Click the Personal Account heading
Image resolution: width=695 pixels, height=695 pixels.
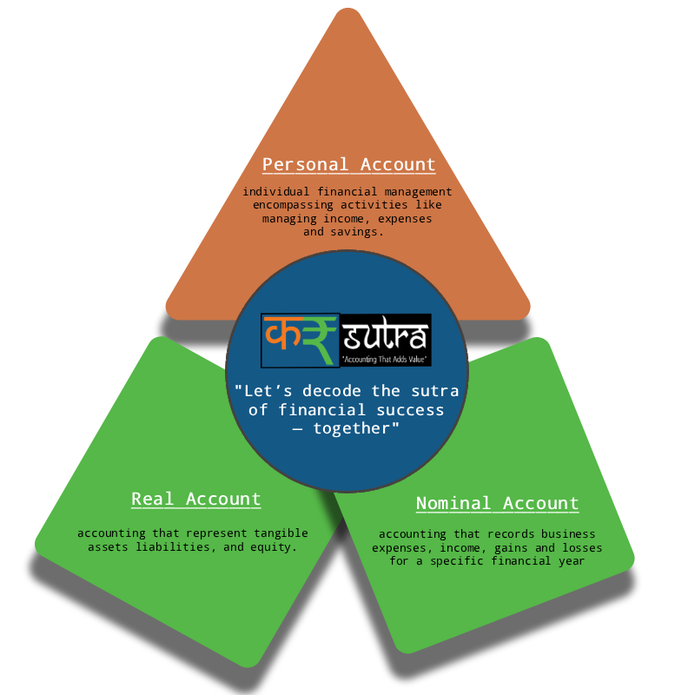click(x=348, y=164)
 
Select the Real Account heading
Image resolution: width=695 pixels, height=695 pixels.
click(x=195, y=499)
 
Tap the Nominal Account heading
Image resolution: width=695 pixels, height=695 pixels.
click(x=497, y=503)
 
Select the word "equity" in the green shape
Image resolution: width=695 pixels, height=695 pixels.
click(x=275, y=547)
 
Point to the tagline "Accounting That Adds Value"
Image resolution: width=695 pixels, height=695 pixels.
click(x=385, y=358)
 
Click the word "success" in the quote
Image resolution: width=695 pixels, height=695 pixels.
click(x=410, y=410)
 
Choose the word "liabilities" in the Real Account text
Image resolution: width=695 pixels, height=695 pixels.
click(x=169, y=547)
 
